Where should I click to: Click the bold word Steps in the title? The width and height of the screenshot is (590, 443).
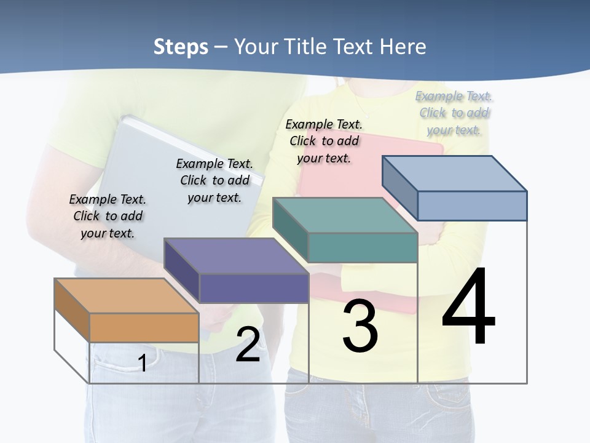tap(181, 47)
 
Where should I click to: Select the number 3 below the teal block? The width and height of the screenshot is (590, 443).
tap(360, 325)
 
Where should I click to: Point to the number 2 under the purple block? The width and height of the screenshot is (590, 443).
tap(248, 345)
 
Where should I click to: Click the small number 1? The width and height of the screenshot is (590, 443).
tap(142, 363)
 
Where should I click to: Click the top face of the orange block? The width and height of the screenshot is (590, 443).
tap(126, 295)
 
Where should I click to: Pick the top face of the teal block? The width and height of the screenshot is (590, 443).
tap(344, 215)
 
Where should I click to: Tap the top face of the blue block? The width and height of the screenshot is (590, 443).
tap(455, 173)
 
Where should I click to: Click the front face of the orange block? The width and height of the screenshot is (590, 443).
tap(144, 327)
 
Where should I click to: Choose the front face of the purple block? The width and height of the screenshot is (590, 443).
tap(253, 288)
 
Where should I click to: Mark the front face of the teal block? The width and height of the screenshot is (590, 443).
tap(363, 247)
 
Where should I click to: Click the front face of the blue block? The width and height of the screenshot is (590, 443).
tap(472, 206)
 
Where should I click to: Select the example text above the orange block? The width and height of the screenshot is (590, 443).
tap(108, 216)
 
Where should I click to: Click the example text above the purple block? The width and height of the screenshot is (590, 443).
tap(214, 180)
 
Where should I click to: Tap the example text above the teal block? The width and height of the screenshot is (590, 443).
tap(324, 141)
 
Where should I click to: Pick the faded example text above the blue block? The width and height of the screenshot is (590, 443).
tap(454, 113)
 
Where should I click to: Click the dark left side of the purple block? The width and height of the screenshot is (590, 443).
tap(182, 271)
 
